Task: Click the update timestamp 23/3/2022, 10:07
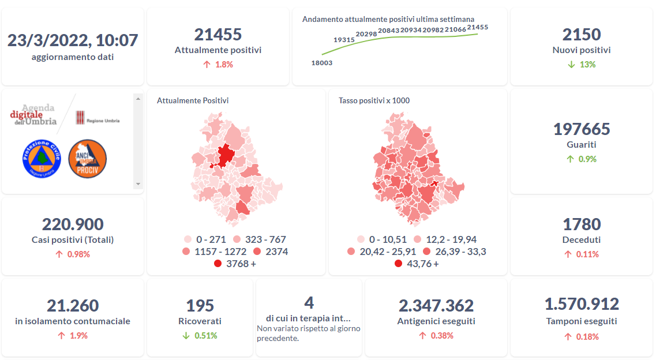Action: [73, 40]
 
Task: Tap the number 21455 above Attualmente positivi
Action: [218, 35]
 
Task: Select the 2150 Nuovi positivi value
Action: [581, 35]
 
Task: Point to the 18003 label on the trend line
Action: [321, 63]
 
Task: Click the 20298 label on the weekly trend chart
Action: [366, 35]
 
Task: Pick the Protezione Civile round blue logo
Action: [42, 159]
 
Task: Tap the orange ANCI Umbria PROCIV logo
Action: [88, 159]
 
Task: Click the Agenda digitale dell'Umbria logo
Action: [35, 115]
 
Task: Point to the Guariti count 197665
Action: [581, 129]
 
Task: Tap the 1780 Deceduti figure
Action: [581, 224]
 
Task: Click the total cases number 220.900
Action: [73, 224]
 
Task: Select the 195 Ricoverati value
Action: [200, 306]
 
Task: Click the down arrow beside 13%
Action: [571, 65]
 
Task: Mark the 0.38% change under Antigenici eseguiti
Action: [442, 336]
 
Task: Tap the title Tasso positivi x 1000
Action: [374, 101]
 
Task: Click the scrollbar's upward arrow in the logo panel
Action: [138, 99]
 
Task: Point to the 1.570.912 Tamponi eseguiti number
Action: [581, 304]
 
